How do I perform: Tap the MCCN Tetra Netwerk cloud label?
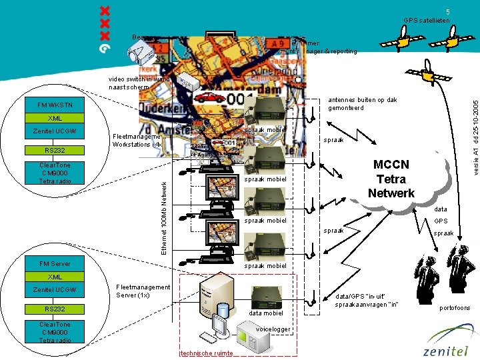coord(391,179)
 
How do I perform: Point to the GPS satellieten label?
coord(427,21)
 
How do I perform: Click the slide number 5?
coord(448,11)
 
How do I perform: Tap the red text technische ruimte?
coord(206,353)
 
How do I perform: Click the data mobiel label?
coord(266,313)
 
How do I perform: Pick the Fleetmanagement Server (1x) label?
coord(143,291)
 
